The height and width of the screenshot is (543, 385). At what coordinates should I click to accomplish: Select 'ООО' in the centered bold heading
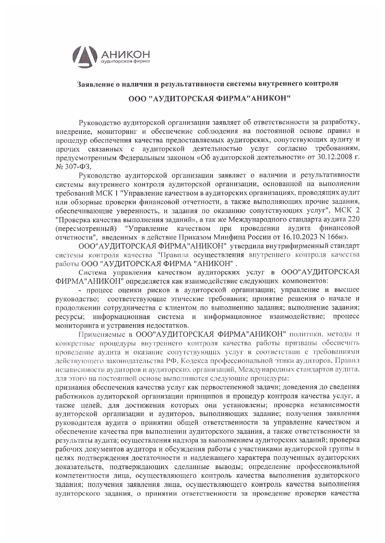point(137,98)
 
